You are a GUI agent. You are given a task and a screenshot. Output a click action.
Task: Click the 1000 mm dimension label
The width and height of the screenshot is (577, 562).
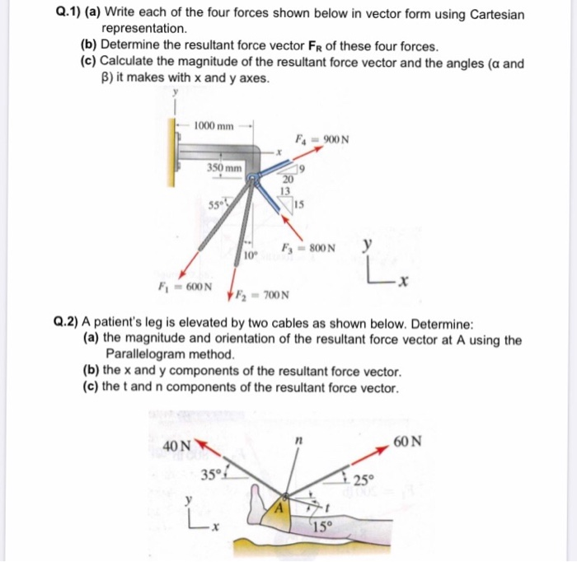tap(214, 126)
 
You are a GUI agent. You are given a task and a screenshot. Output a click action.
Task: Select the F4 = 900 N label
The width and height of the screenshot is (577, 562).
tap(323, 138)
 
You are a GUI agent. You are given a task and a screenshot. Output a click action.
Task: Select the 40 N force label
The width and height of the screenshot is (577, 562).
tap(177, 446)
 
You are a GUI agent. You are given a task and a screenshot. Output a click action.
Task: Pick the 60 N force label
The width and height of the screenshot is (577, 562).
tap(407, 442)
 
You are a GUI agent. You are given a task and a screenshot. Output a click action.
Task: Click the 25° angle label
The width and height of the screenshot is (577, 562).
tap(364, 480)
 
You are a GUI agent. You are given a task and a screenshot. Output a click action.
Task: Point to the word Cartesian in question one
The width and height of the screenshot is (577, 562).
tap(491, 15)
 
